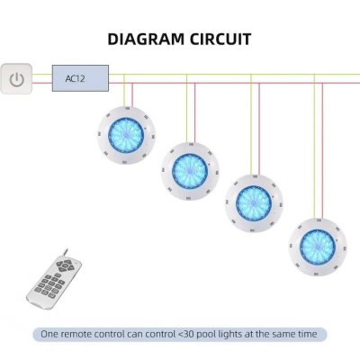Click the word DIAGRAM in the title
pyautogui.click(x=146, y=40)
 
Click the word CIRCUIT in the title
pyautogui.click(x=220, y=40)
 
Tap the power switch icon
pyautogui.click(x=16, y=79)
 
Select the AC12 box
pyautogui.click(x=80, y=78)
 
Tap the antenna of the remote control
pyautogui.click(x=65, y=254)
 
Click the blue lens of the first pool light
pyautogui.click(x=126, y=134)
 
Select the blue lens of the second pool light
pyautogui.click(x=190, y=170)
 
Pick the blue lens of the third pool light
pyautogui.click(x=254, y=202)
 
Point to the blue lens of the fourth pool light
pyautogui.click(x=318, y=247)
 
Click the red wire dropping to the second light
pyautogui.click(x=194, y=112)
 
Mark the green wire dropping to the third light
pyautogui.click(x=251, y=125)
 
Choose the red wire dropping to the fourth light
pyautogui.click(x=322, y=150)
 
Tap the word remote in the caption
pyautogui.click(x=76, y=334)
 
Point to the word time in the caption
pyautogui.click(x=307, y=334)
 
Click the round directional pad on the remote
pyautogui.click(x=65, y=265)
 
